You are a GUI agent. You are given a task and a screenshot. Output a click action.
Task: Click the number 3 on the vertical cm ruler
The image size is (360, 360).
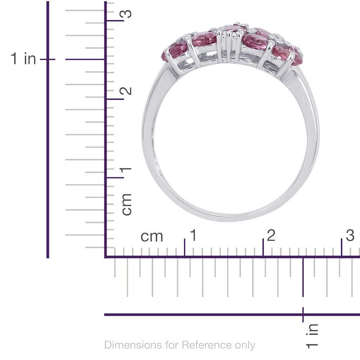pyautogui.click(x=126, y=14)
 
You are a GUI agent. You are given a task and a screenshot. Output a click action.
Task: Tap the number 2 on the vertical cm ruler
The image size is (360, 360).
pyautogui.click(x=126, y=91)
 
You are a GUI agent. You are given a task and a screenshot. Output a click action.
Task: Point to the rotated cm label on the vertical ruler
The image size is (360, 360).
pyautogui.click(x=126, y=204)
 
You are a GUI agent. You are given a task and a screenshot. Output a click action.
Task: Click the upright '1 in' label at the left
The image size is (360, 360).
pyautogui.click(x=24, y=59)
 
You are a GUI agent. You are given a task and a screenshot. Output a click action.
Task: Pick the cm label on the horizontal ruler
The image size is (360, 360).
pyautogui.click(x=152, y=236)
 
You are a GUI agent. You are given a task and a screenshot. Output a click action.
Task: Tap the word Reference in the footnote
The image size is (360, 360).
pyautogui.click(x=202, y=345)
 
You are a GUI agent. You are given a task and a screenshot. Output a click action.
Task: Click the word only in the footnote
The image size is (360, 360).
pyautogui.click(x=243, y=345)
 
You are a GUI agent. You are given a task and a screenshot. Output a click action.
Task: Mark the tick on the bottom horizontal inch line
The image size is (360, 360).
pyautogui.click(x=303, y=314)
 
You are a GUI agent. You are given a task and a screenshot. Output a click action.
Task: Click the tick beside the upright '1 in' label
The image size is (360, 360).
pyautogui.click(x=48, y=59)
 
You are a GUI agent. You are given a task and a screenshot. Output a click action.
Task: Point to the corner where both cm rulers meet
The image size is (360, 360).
pyautogui.click(x=106, y=256)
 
